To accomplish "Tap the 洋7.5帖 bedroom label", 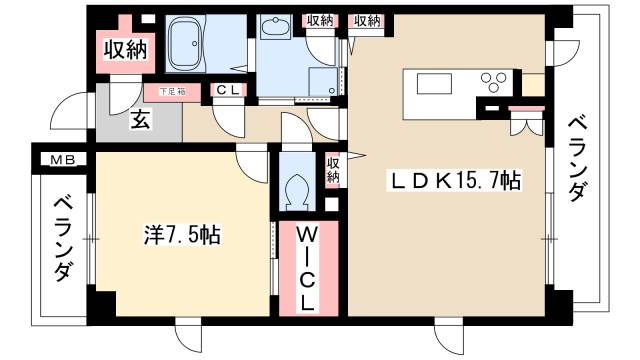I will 181,237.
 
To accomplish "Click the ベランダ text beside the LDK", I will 577,160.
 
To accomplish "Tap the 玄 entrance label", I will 141,121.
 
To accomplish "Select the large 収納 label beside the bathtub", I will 124,49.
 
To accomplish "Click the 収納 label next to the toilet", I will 332,170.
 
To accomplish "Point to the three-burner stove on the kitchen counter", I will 493,81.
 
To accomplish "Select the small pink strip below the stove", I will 522,107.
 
